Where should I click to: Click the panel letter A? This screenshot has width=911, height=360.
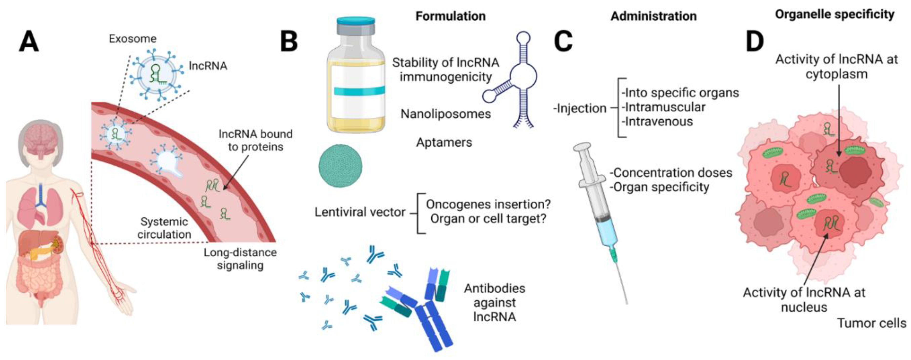(29, 41)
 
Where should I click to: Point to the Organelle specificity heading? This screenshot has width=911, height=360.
(835, 15)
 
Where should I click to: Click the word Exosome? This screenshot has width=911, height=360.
(133, 38)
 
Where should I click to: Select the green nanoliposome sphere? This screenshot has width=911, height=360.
(340, 166)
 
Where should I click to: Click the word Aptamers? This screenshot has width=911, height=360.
(444, 142)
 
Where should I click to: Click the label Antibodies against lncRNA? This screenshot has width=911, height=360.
(494, 302)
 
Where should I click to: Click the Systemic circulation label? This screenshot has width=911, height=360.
(164, 228)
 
